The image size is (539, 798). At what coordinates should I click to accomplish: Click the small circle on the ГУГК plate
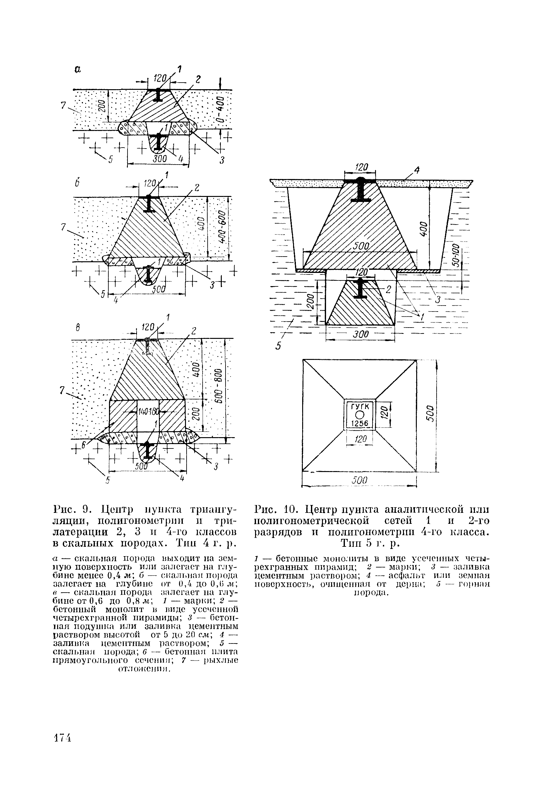[x=359, y=415]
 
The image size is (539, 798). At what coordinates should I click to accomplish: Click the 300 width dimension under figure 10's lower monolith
[x=361, y=334]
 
